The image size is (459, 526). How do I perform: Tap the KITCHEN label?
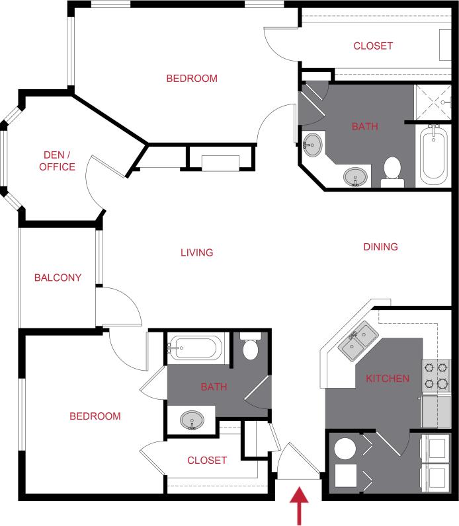(387, 379)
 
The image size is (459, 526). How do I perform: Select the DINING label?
(380, 246)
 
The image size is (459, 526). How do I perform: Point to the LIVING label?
(196, 252)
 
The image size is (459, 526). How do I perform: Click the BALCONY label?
(58, 278)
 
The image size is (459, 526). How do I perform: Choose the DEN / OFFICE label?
(57, 161)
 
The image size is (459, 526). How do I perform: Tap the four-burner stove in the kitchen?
(437, 375)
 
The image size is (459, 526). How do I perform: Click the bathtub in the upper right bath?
(433, 156)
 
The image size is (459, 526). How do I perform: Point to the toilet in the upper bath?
(393, 169)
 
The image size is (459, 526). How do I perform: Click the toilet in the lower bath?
(251, 348)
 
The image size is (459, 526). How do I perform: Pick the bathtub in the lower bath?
(196, 348)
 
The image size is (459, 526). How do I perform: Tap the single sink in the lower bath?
(192, 420)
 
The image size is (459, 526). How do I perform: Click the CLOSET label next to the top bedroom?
(373, 46)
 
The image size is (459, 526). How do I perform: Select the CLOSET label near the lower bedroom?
(207, 460)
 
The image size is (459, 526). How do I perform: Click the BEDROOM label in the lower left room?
(95, 416)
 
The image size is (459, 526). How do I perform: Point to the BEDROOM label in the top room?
(191, 78)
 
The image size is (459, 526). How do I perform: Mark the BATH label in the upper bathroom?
(364, 126)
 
